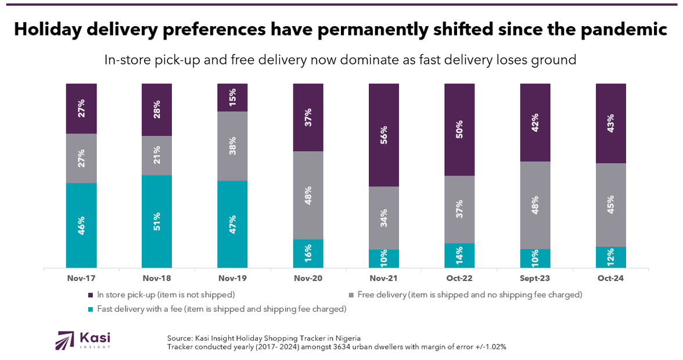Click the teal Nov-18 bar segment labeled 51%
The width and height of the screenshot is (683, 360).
pos(157,221)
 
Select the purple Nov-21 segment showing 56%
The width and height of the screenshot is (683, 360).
pos(384,135)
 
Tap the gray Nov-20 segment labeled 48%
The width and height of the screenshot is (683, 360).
pos(308,195)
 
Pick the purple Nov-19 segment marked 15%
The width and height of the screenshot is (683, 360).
pos(232,97)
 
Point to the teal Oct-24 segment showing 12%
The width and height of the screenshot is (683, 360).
pos(611,257)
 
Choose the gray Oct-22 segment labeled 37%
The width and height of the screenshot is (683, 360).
pos(459,209)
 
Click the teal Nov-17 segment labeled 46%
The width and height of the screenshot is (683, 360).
pos(81,225)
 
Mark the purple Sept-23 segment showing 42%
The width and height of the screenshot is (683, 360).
pos(535,122)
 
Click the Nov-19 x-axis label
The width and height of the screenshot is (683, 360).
pos(232,279)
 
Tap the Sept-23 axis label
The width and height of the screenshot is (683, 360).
pos(535,279)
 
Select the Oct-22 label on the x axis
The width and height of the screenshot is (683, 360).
pos(459,279)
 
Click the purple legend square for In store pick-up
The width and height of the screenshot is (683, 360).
pos(91,295)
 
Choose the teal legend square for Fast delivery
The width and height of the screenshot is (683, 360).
pos(91,309)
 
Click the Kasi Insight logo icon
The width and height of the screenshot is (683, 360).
pos(64,340)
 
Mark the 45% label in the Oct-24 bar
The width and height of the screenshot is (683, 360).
pos(611,205)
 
